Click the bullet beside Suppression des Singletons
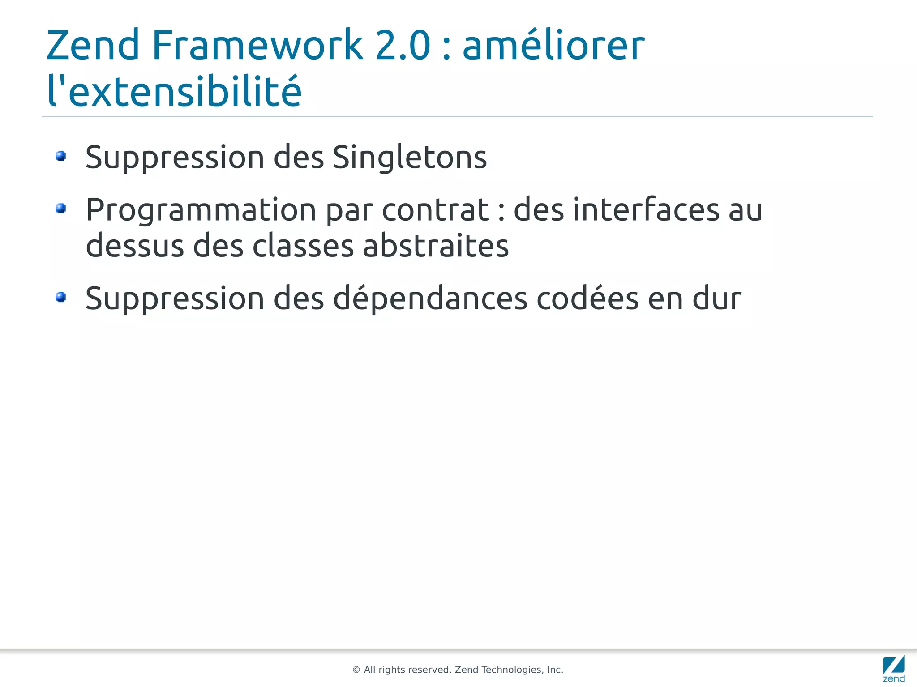pyautogui.click(x=61, y=156)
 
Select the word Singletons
pyautogui.click(x=409, y=158)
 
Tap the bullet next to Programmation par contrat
pyautogui.click(x=61, y=209)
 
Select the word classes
pyautogui.click(x=303, y=246)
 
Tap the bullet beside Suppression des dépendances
pyautogui.click(x=61, y=297)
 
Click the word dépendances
pyautogui.click(x=430, y=299)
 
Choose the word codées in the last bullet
pyautogui.click(x=587, y=298)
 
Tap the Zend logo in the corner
pyautogui.click(x=894, y=668)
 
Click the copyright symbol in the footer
pyautogui.click(x=356, y=670)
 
